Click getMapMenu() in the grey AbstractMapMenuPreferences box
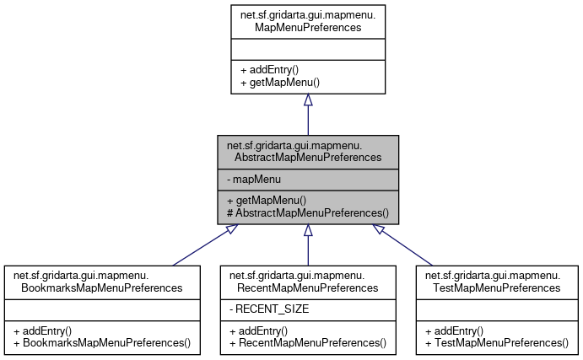coord(267,200)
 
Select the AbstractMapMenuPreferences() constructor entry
coord(307,213)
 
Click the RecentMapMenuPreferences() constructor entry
coord(307,343)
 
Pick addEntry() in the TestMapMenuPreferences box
coord(454,330)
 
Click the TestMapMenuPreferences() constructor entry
coord(497,343)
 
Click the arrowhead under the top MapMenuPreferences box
coord(308,99)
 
